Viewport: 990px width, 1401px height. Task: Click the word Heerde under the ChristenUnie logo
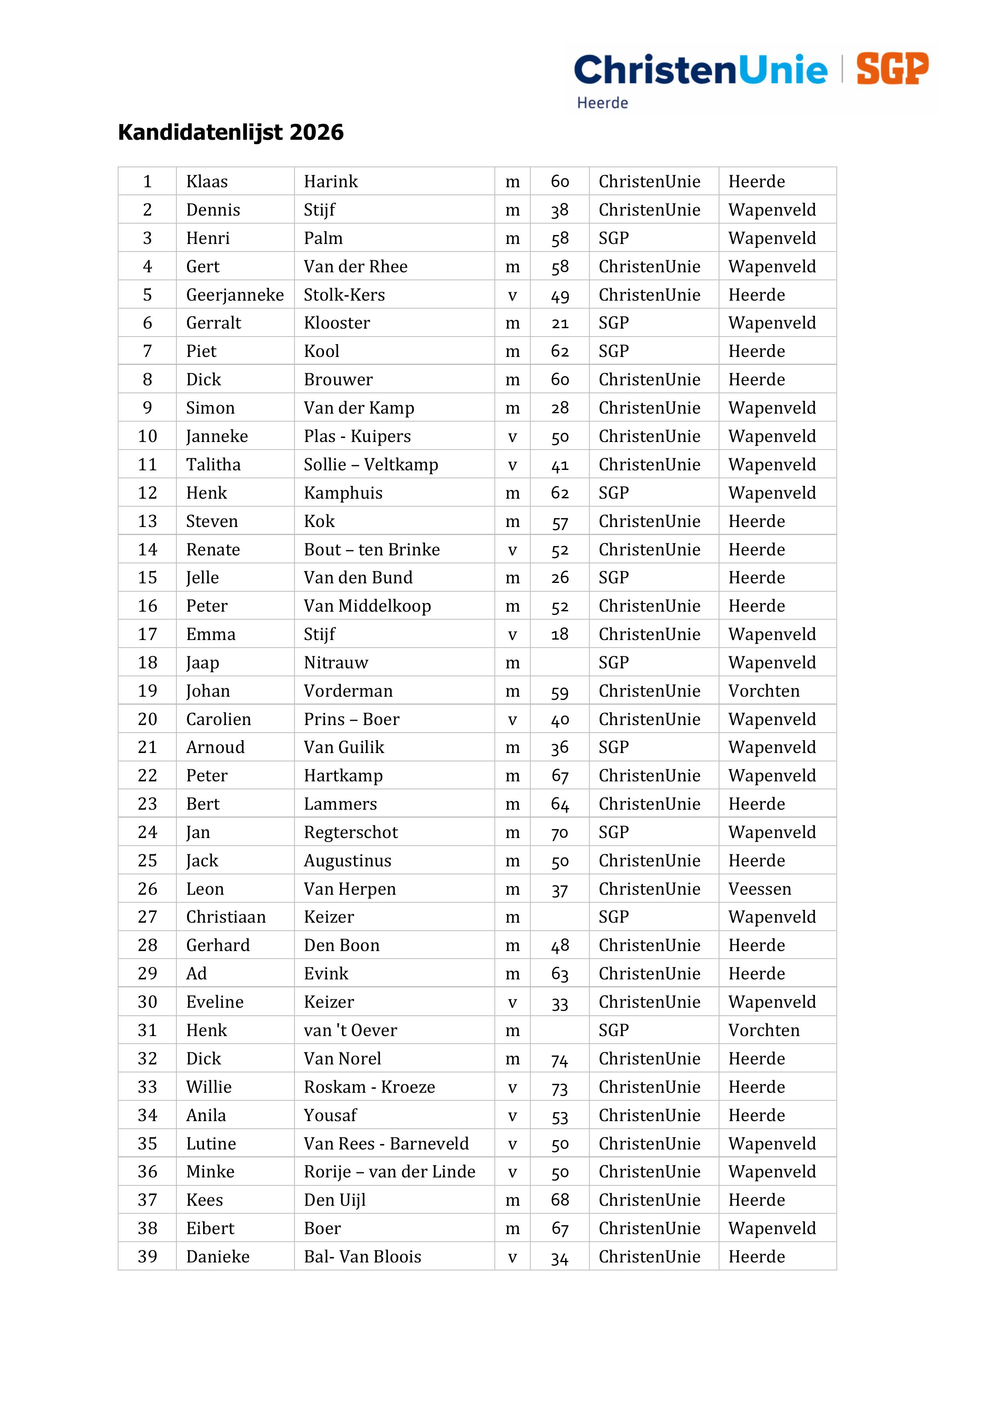click(x=602, y=103)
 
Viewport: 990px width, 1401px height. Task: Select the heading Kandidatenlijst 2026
click(x=231, y=133)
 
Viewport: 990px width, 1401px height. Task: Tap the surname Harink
click(x=331, y=182)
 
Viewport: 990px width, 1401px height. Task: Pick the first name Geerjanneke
click(x=235, y=295)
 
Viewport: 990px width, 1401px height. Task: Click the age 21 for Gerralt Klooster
click(x=559, y=323)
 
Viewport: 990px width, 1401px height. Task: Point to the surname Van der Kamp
click(x=359, y=408)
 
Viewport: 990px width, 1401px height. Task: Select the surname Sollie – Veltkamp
click(x=371, y=465)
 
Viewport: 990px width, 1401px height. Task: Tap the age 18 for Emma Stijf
click(x=559, y=634)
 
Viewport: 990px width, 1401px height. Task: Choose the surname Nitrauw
click(x=336, y=663)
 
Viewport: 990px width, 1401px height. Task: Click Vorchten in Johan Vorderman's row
click(x=764, y=692)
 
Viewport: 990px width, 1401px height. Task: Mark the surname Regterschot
click(x=351, y=832)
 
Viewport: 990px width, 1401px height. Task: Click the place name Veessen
click(x=759, y=889)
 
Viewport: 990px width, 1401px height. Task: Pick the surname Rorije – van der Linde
click(x=389, y=1172)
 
